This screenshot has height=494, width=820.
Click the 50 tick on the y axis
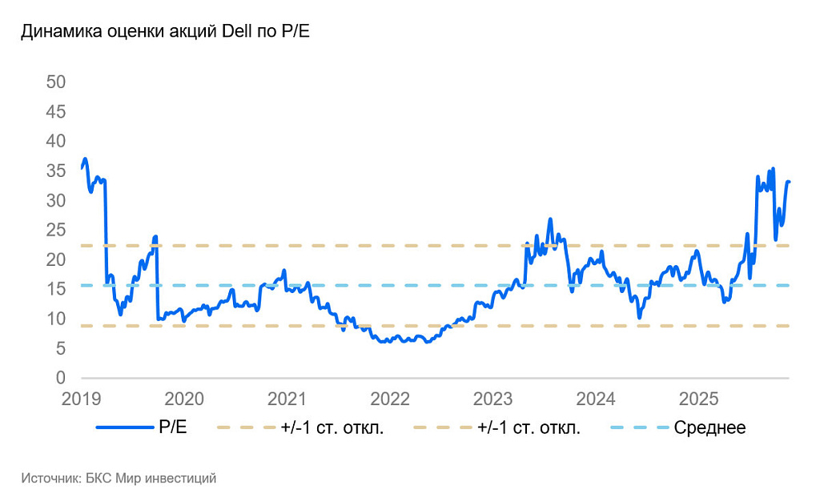(56, 82)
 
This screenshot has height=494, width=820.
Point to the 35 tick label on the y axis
(56, 171)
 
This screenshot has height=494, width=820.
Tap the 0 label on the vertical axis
(61, 377)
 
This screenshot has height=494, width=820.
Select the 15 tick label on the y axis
(56, 288)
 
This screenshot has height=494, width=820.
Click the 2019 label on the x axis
(81, 399)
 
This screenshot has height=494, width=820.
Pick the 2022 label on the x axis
(390, 399)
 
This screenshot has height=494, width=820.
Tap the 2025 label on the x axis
(698, 399)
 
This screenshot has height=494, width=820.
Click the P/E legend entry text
(173, 427)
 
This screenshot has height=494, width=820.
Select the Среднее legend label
(709, 428)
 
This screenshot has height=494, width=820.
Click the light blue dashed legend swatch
(640, 428)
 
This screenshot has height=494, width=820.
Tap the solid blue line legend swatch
(125, 428)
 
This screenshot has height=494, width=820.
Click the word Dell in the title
(237, 31)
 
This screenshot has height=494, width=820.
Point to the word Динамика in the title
(61, 31)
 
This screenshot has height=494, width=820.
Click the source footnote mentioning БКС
(119, 478)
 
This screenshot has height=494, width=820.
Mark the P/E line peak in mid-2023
(550, 219)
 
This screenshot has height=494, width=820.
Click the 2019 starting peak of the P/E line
(85, 159)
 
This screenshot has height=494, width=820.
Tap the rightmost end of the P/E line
(789, 182)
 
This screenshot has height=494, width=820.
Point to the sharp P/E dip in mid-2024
(639, 317)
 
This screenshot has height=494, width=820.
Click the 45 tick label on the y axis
(56, 111)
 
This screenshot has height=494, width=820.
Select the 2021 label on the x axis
(287, 399)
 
